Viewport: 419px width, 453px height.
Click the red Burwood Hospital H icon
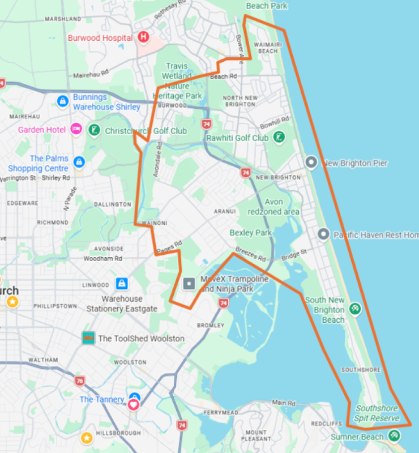tap(143, 37)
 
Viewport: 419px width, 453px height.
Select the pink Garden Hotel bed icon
tap(76, 129)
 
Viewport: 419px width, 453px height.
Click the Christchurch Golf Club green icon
tap(94, 131)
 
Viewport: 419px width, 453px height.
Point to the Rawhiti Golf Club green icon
tap(279, 137)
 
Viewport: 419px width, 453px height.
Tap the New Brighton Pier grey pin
tap(310, 163)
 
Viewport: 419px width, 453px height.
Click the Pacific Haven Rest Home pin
tap(323, 234)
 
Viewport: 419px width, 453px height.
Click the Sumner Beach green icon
tap(395, 436)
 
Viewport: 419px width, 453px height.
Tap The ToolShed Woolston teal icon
tap(88, 338)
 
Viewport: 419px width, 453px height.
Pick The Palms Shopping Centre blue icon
tap(79, 162)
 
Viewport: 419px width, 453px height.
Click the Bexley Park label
tap(250, 233)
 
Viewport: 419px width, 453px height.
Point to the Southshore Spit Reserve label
tap(377, 413)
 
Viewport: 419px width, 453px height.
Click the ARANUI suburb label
tap(224, 211)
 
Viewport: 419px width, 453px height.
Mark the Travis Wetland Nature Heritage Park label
tap(177, 81)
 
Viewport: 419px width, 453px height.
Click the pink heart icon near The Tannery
tap(134, 404)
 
